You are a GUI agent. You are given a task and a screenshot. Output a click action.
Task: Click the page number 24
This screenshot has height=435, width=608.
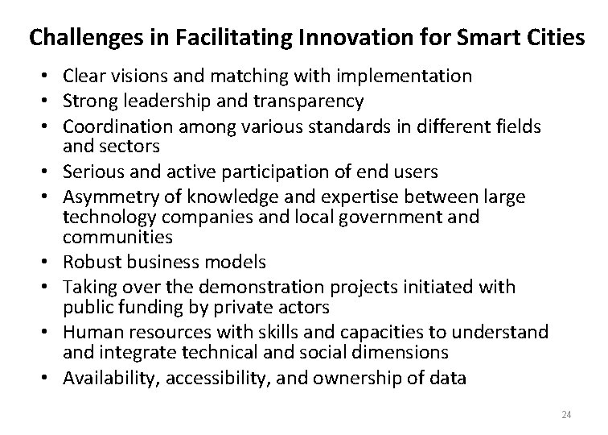tap(565, 414)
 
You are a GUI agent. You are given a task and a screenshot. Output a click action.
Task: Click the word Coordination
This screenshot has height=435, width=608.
tap(117, 126)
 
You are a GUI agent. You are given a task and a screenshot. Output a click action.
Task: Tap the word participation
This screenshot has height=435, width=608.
tap(272, 172)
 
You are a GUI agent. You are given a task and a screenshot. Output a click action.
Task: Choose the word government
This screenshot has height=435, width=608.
tap(389, 217)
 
